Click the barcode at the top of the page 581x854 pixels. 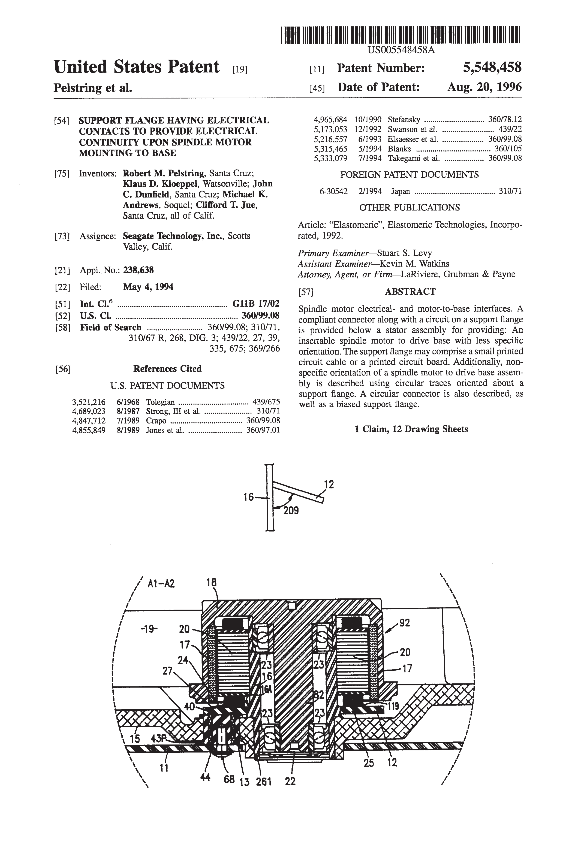click(x=401, y=35)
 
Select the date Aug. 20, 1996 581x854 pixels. click(x=484, y=87)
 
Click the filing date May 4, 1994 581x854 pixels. click(x=148, y=287)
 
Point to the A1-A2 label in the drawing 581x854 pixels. click(x=161, y=584)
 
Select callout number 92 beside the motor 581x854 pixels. click(x=404, y=623)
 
